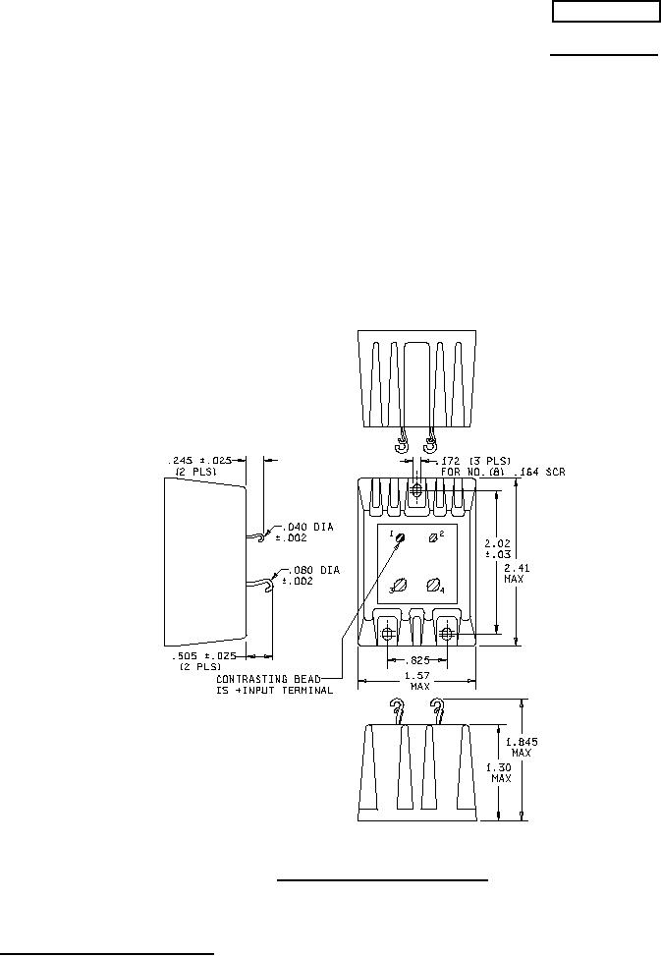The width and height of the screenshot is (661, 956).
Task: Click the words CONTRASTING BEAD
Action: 269,679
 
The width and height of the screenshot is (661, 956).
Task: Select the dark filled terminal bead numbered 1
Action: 401,537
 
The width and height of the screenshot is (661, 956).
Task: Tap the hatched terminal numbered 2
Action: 433,537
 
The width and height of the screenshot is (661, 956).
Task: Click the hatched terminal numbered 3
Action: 401,585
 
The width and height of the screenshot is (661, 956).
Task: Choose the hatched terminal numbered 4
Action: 433,585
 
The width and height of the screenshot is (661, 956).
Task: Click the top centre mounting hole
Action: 416,490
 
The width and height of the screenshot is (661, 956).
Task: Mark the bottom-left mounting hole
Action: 387,636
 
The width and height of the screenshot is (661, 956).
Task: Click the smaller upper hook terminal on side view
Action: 259,536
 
